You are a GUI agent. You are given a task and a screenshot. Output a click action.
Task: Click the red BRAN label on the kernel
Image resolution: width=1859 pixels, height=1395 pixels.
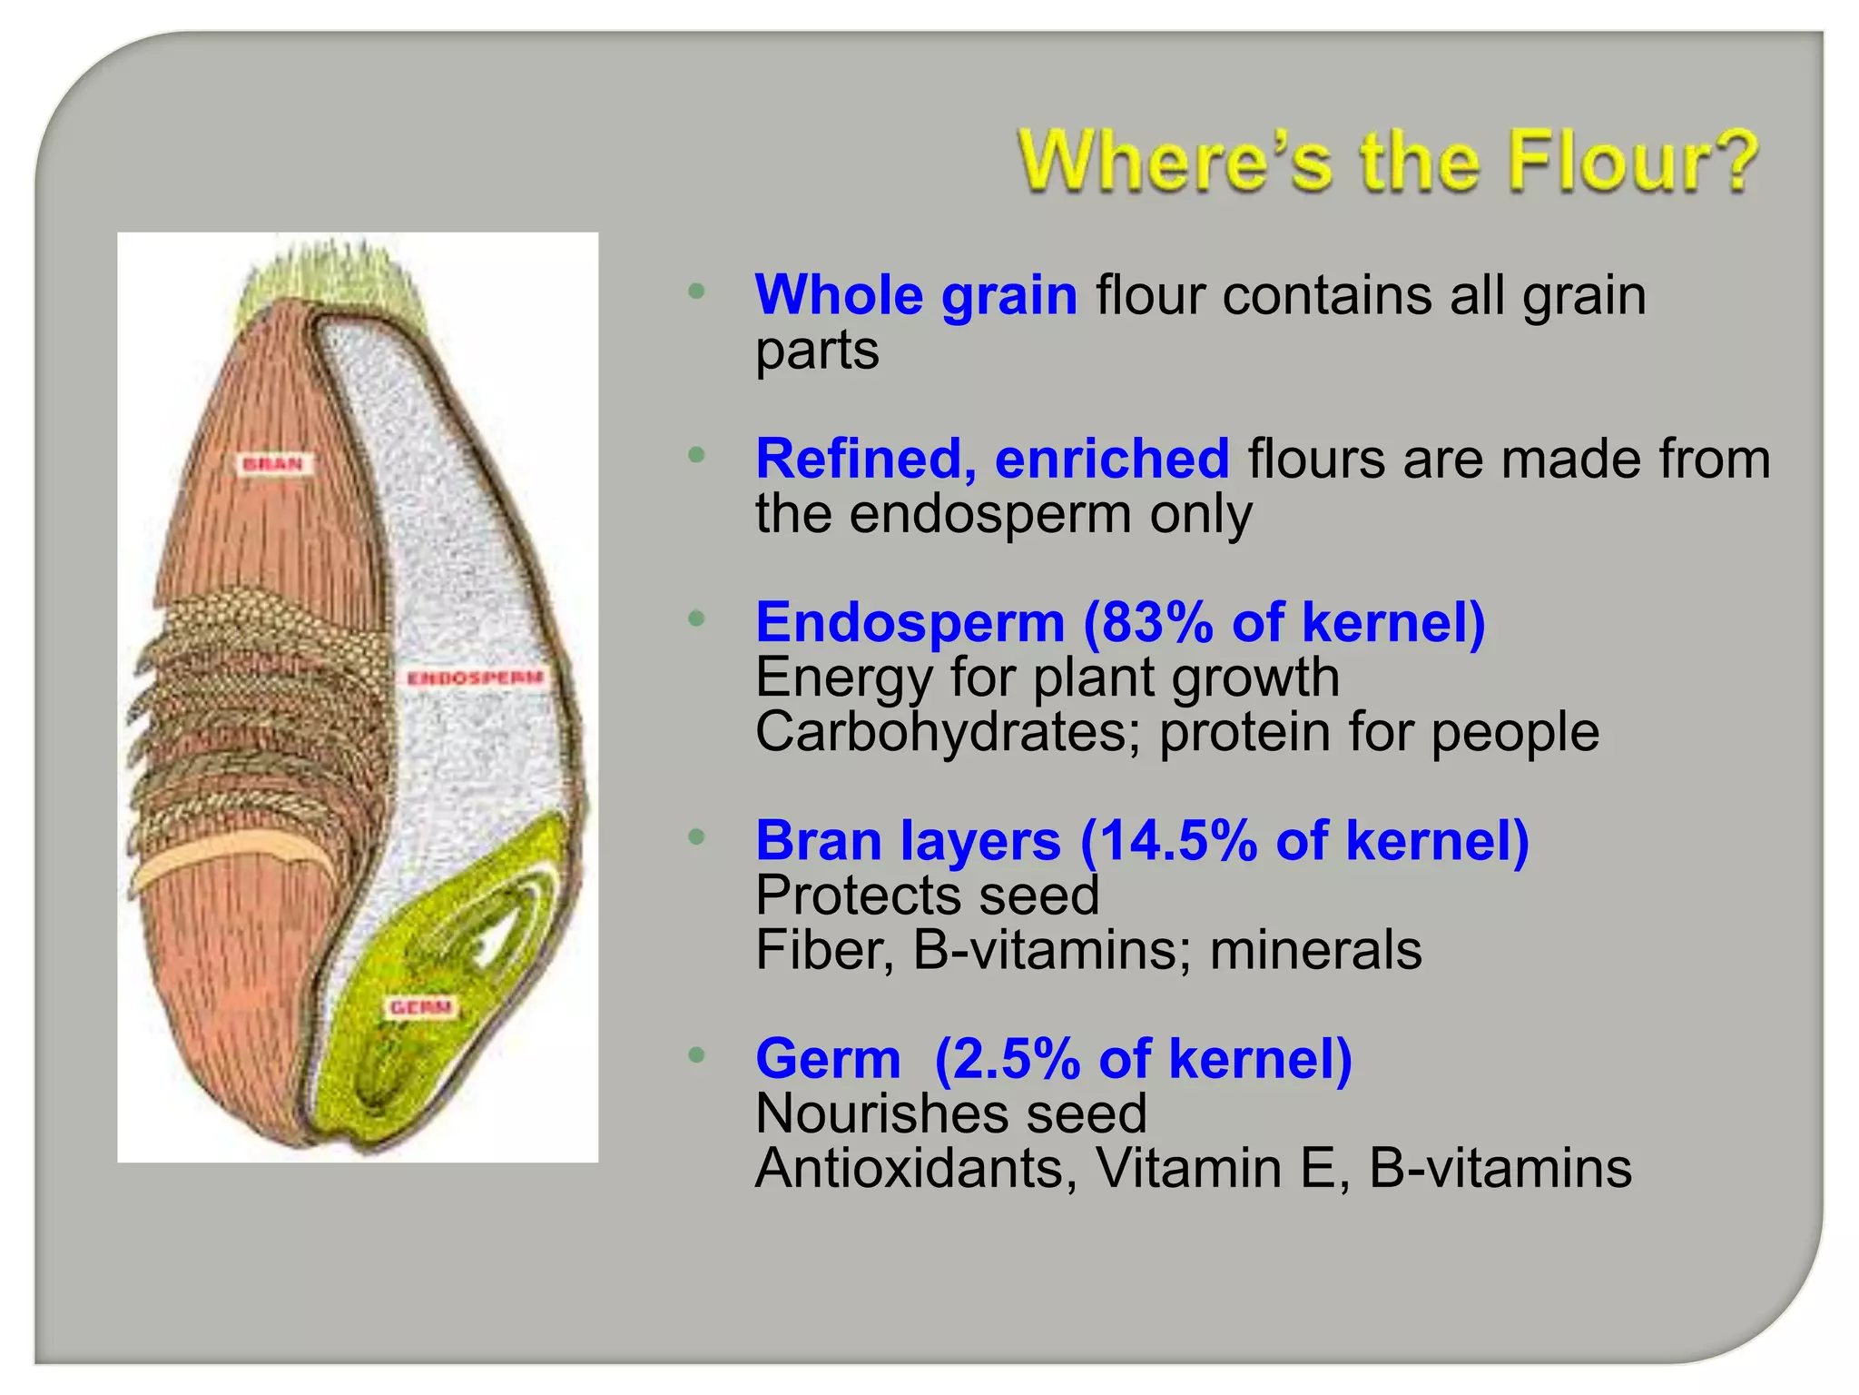pos(273,464)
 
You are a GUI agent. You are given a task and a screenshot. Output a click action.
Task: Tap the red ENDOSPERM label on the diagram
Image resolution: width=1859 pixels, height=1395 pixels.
pos(475,678)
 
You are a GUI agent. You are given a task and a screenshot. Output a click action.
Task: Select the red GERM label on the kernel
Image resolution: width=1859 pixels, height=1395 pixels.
pos(419,1007)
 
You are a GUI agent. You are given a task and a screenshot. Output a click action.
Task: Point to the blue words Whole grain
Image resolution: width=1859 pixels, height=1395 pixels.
pos(915,295)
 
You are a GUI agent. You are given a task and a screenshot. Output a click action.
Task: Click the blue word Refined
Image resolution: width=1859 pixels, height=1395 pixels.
pos(864,459)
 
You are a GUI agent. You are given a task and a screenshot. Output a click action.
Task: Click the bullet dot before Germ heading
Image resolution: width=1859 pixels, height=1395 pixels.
pos(696,1055)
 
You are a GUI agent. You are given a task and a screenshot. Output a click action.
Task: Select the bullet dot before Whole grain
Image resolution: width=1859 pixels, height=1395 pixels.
pos(696,292)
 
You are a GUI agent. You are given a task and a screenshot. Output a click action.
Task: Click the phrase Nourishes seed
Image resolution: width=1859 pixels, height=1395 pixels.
pos(950,1113)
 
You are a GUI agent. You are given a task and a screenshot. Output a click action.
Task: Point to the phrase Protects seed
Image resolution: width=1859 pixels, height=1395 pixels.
pos(927,895)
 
